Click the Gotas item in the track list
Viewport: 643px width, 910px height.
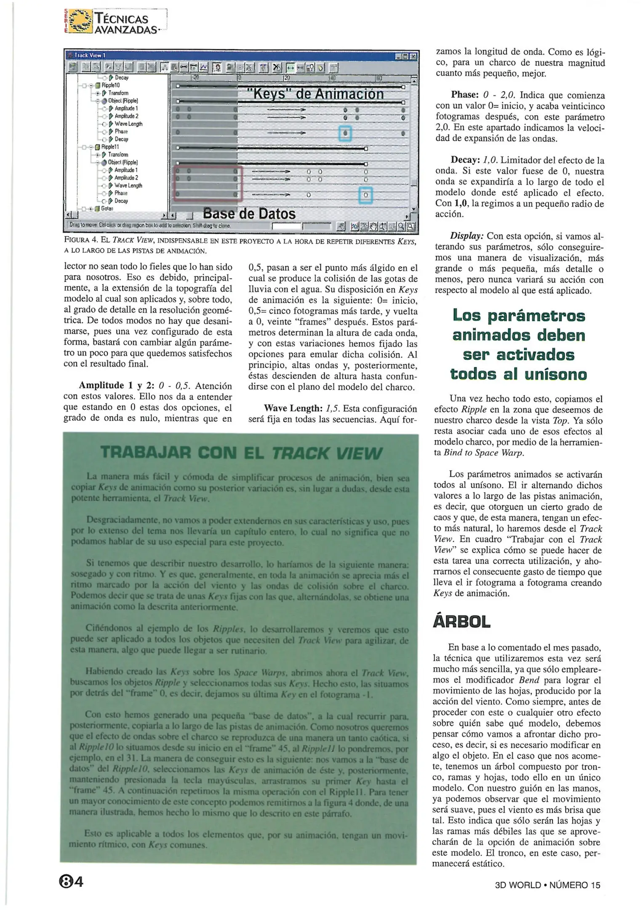(106, 209)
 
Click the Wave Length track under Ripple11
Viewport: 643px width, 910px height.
(128, 185)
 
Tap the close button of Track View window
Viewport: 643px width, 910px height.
(414, 56)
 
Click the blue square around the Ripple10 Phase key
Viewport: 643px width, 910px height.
(345, 134)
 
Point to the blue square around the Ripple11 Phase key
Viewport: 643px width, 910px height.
(366, 195)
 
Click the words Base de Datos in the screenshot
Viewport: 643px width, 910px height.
(249, 214)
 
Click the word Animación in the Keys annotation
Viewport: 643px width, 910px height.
(349, 94)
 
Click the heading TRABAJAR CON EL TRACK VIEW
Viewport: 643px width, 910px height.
(241, 453)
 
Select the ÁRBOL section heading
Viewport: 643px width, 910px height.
(462, 622)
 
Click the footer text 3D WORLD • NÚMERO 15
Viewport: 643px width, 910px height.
(547, 885)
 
